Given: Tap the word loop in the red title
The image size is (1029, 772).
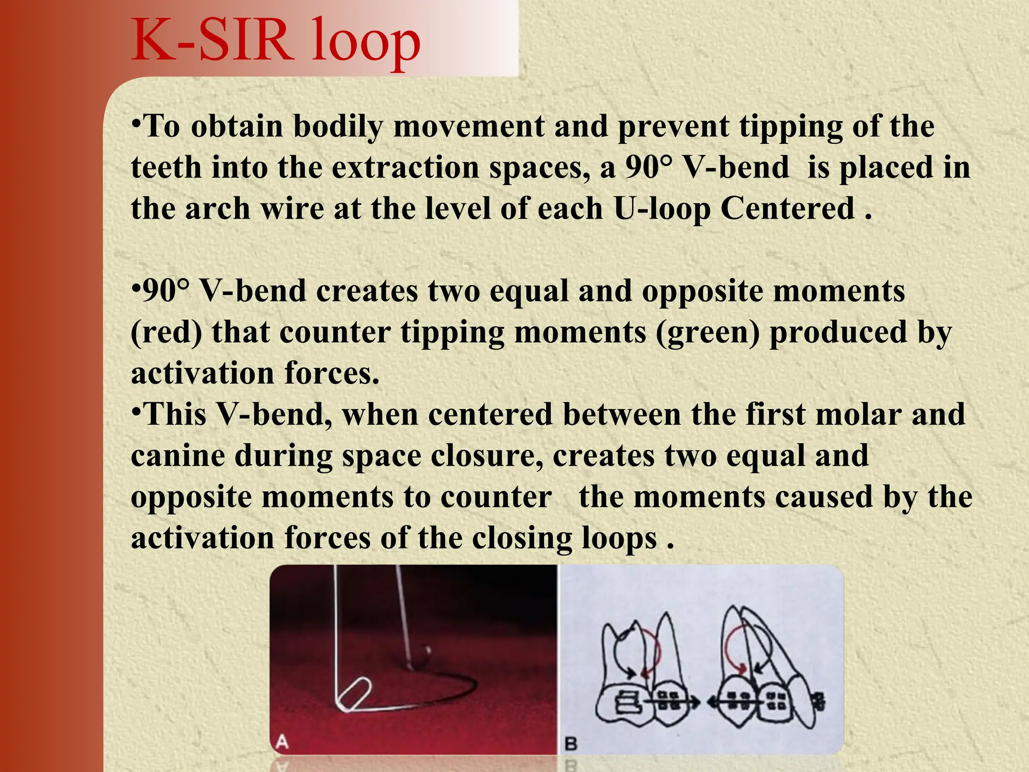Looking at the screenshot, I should tap(366, 43).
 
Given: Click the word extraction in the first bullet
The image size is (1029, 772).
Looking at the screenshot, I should tap(405, 167).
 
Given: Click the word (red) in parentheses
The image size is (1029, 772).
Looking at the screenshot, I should tap(166, 333).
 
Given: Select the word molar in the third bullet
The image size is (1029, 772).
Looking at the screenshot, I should tap(859, 415).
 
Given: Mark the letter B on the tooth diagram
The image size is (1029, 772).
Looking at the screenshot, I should tap(571, 743).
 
